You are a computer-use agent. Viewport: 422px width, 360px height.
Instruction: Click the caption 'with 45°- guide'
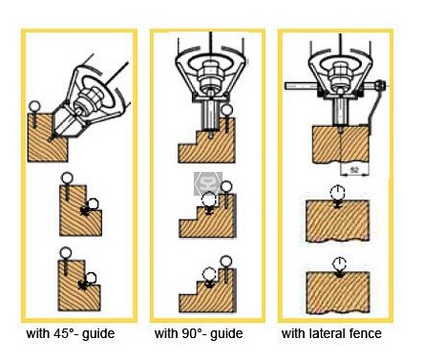(71, 334)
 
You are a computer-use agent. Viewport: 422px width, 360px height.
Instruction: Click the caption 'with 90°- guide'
(199, 334)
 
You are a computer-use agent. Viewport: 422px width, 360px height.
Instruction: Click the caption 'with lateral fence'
(331, 333)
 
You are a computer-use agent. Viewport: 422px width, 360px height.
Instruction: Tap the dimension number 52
(354, 170)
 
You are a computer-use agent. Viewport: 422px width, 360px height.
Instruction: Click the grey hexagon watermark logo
(208, 184)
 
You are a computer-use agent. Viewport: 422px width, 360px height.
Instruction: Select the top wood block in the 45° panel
(48, 138)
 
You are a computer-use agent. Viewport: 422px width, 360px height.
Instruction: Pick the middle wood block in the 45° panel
(79, 212)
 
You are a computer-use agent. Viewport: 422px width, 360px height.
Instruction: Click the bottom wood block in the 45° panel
(78, 286)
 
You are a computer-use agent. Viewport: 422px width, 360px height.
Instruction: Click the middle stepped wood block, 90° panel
(207, 220)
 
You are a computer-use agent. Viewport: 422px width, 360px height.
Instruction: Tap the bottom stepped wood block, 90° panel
(207, 293)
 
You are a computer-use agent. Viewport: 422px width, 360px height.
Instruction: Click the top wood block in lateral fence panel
(341, 144)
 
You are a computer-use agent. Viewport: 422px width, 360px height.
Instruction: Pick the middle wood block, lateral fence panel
(337, 222)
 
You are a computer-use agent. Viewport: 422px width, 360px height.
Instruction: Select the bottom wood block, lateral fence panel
(337, 293)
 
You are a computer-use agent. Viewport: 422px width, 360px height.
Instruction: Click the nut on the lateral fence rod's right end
(381, 85)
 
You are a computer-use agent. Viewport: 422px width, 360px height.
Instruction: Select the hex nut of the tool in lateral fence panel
(340, 74)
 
